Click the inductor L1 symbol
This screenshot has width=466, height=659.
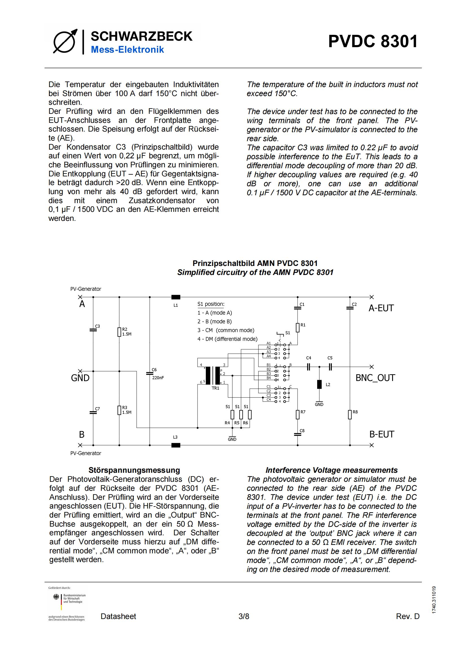[176, 297]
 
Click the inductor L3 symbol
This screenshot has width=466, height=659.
[176, 445]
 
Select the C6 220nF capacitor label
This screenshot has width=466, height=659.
[158, 374]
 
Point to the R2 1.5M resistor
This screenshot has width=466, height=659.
[120, 332]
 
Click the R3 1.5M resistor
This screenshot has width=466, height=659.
[120, 410]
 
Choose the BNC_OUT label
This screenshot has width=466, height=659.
[375, 378]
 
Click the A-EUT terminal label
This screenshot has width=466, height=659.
[381, 308]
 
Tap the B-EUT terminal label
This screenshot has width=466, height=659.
[382, 434]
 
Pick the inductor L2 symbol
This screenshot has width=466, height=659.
[319, 384]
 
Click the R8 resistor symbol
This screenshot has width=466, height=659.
[350, 414]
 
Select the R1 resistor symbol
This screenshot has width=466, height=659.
[298, 327]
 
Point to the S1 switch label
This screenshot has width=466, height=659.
[288, 333]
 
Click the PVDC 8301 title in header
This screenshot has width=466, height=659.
[373, 41]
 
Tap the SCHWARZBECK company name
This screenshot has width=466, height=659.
[141, 36]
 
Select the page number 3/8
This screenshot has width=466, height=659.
[244, 616]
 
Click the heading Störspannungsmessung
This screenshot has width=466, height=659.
[134, 470]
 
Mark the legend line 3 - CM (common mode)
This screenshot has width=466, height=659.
[226, 330]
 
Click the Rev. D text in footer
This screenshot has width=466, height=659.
[407, 616]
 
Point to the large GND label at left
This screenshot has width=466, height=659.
[80, 378]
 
